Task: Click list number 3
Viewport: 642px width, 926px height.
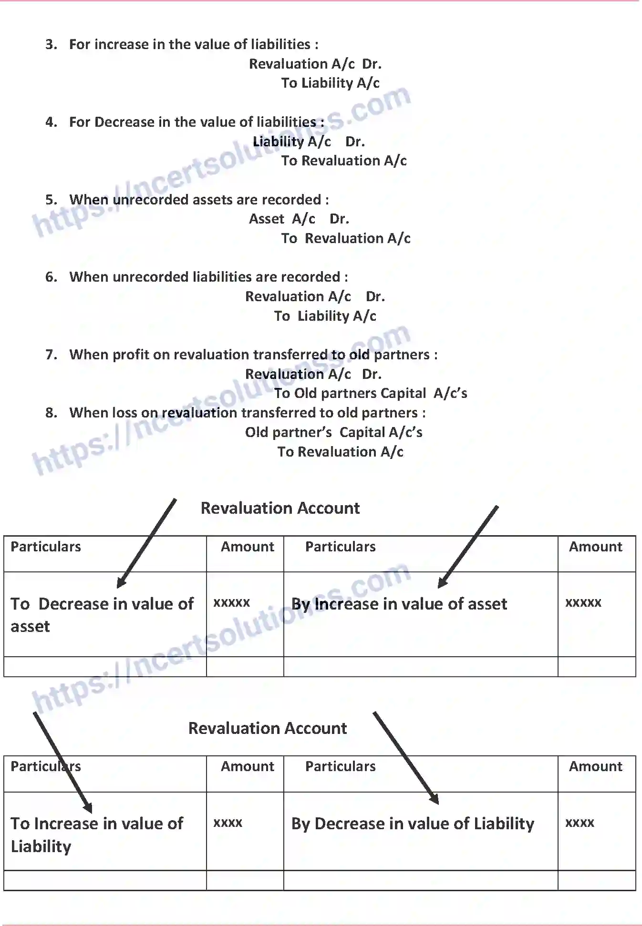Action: click(51, 44)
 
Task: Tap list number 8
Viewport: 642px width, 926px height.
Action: click(51, 413)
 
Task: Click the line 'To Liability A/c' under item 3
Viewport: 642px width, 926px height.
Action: click(330, 83)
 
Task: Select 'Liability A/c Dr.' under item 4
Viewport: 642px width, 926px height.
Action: click(308, 142)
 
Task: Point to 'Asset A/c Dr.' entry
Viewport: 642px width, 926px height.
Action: click(299, 219)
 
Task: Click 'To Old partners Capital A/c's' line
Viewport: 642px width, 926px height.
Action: click(370, 393)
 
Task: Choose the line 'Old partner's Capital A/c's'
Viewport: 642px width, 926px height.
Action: click(333, 432)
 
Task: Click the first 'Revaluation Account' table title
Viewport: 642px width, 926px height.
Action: click(280, 508)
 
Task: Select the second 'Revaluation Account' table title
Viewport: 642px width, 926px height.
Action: click(268, 728)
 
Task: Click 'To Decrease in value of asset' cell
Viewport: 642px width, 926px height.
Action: click(102, 615)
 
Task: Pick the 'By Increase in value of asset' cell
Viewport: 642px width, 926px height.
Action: click(399, 604)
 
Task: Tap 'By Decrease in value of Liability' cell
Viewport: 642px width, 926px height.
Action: click(413, 824)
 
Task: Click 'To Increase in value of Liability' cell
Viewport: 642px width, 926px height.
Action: click(97, 834)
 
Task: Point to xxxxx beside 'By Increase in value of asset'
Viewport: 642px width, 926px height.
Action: click(583, 603)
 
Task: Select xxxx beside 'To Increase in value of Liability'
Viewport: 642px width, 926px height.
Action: click(228, 823)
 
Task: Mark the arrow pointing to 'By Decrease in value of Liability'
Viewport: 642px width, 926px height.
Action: click(405, 758)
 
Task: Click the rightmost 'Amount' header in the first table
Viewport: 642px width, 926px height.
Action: click(595, 547)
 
